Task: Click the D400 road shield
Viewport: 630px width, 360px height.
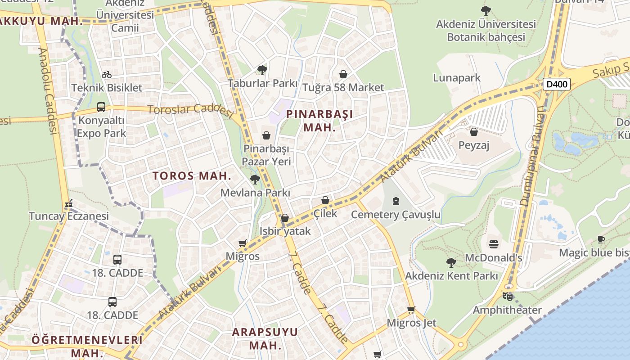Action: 556,84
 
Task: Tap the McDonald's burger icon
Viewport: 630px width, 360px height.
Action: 494,244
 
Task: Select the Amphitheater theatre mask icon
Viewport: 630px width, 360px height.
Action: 507,296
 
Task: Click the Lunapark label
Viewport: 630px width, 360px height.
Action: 457,78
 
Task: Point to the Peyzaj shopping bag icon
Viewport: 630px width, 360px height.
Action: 473,132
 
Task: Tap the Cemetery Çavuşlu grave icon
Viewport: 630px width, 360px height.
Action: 396,201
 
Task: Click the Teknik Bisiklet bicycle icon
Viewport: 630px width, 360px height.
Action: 107,75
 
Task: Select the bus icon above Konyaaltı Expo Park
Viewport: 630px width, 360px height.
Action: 101,107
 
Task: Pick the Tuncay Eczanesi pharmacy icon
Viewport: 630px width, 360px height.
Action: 69,204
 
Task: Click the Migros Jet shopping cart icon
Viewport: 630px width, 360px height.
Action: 411,310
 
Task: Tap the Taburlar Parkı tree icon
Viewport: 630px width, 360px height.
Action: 262,70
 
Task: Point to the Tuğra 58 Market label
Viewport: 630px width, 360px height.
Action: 343,87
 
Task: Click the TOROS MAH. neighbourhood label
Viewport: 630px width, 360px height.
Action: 192,175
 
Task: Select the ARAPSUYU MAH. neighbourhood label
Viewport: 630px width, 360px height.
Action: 265,338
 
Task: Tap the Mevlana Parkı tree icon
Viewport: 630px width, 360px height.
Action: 255,180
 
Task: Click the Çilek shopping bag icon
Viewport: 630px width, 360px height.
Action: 325,200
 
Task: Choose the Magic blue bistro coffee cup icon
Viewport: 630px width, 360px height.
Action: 601,239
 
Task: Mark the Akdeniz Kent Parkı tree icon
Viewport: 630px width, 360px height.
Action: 451,262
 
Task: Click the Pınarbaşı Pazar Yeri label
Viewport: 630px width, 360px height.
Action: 266,155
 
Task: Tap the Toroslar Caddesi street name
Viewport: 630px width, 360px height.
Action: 189,109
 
